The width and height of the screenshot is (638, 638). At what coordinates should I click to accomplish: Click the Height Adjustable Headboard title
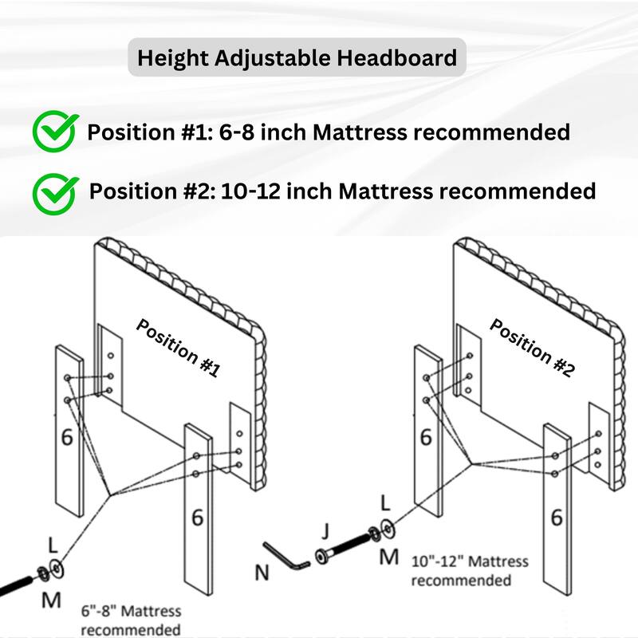(297, 58)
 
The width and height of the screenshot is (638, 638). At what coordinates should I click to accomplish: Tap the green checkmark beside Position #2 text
(55, 191)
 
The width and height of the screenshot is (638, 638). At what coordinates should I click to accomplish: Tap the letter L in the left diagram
(53, 546)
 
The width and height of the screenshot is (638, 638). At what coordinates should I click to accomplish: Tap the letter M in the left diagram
(51, 600)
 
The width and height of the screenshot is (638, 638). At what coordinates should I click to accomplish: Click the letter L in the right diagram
(386, 503)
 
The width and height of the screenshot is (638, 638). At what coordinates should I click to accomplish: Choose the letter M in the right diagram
(388, 557)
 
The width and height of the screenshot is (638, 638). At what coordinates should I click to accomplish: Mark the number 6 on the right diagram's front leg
(557, 518)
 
